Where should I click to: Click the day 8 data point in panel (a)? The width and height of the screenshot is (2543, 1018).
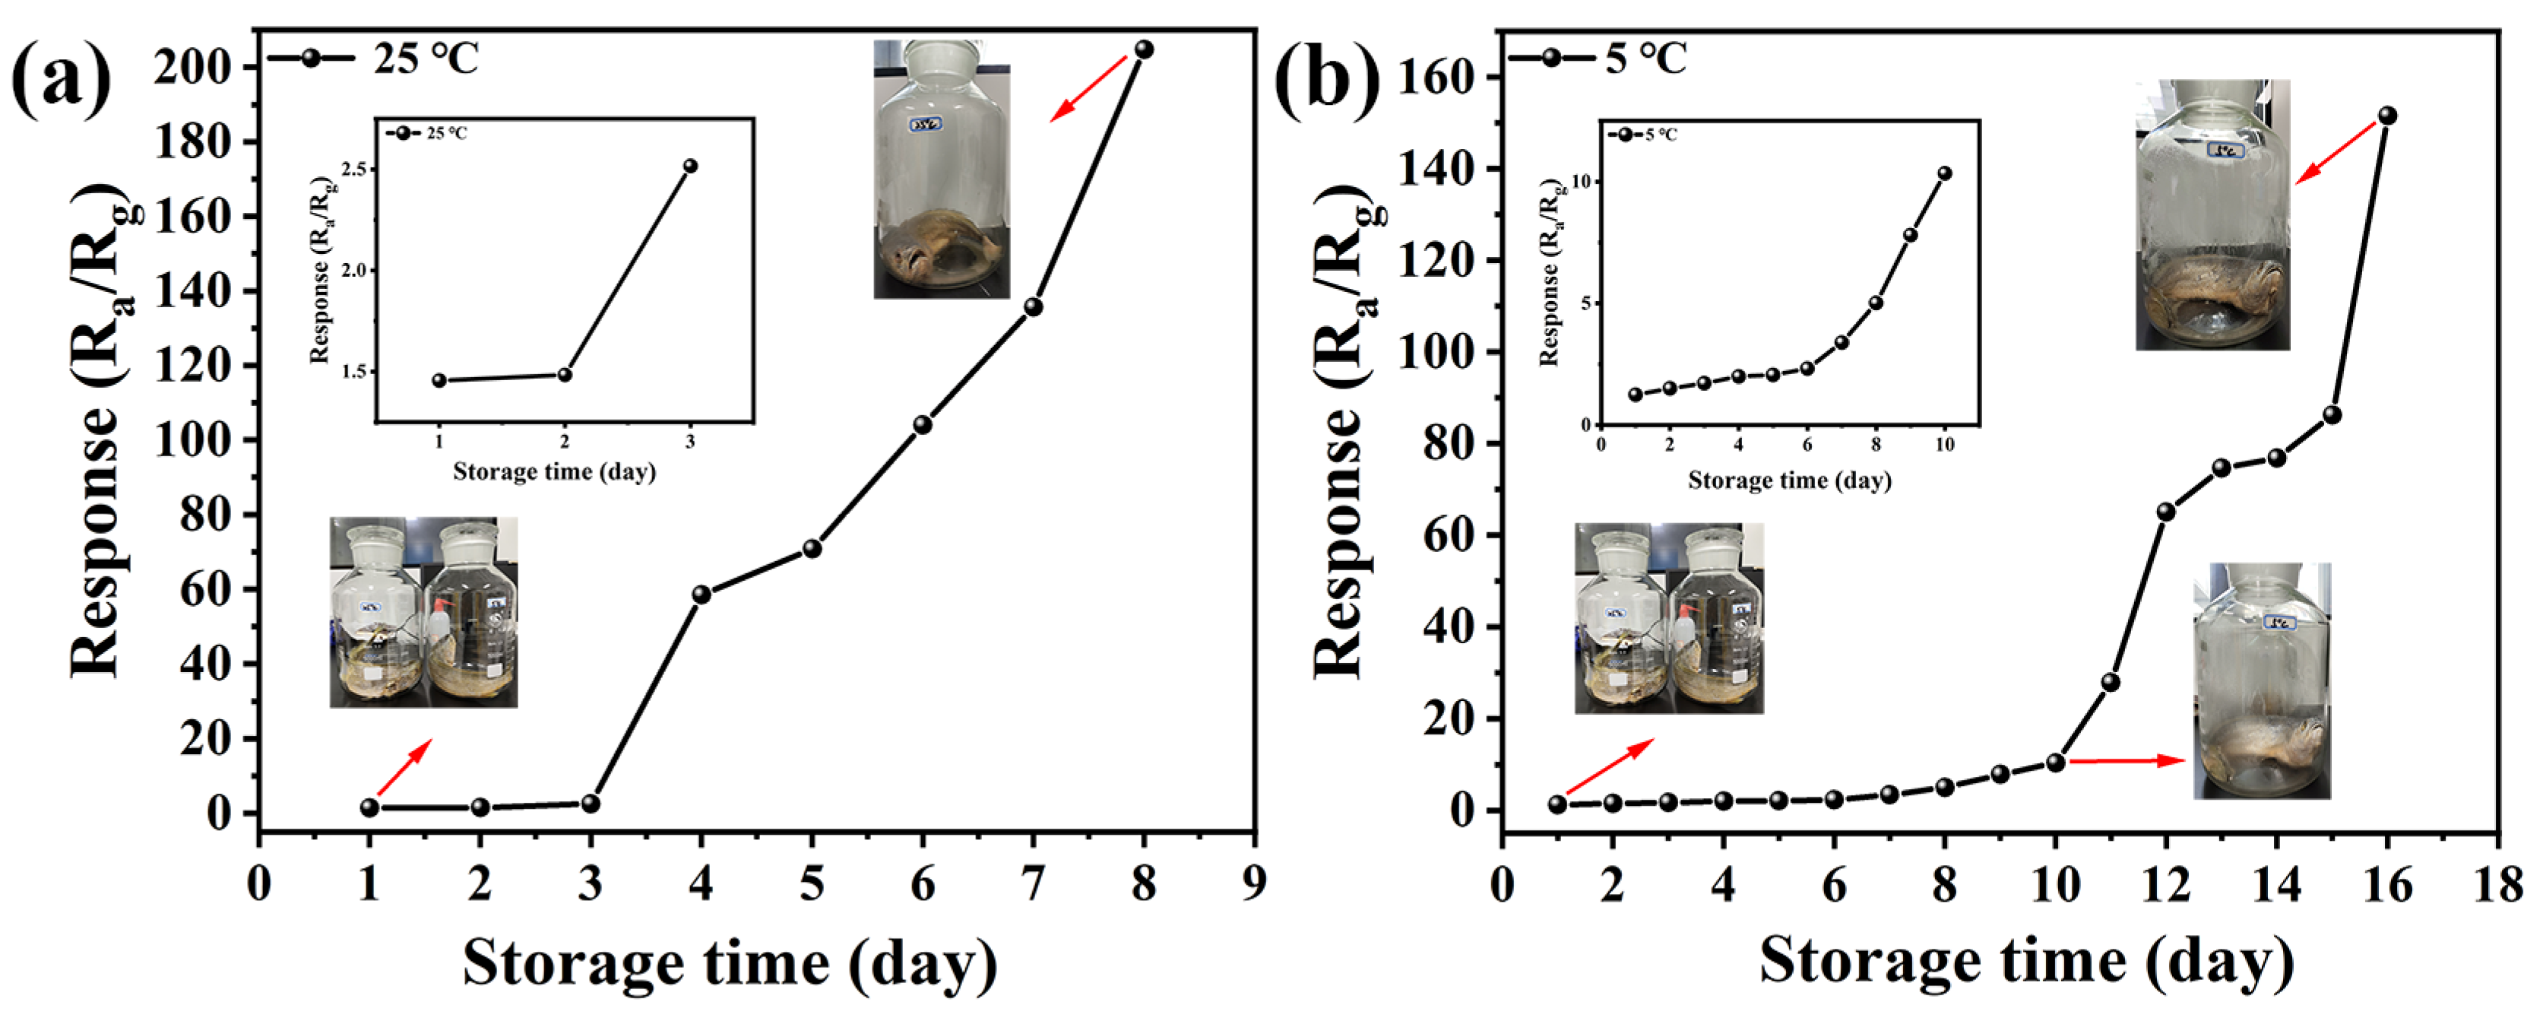1143,49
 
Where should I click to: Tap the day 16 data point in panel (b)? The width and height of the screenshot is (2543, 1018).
2387,116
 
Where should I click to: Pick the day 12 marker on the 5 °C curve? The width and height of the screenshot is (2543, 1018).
2166,512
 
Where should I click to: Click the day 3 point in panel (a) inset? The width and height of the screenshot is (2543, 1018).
690,166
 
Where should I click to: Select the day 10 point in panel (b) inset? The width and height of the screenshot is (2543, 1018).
1945,173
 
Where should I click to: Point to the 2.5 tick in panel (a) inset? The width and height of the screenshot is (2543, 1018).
354,170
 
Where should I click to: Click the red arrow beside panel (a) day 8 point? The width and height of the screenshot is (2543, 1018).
1087,89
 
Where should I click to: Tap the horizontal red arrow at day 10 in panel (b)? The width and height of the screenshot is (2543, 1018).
2127,760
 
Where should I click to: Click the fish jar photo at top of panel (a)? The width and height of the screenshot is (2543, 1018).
941,170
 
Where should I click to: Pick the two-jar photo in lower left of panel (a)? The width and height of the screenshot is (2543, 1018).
423,612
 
